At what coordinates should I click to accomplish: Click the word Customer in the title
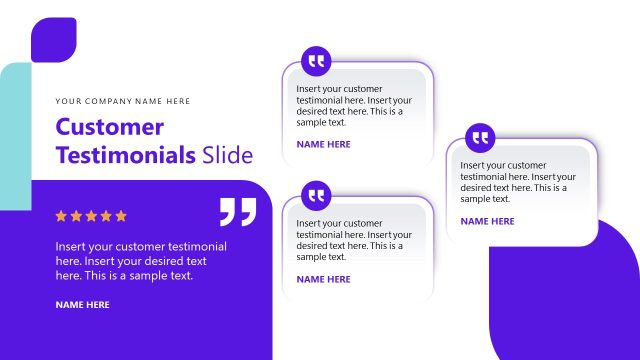(109, 127)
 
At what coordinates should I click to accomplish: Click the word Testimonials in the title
(125, 155)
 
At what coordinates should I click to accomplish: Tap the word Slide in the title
(228, 155)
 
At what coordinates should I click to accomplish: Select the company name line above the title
(123, 101)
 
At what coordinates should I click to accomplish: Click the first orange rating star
(61, 215)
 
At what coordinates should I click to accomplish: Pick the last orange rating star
(122, 215)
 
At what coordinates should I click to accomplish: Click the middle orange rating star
(91, 215)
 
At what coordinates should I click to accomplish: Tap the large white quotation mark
(237, 211)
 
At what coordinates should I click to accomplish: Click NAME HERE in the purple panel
(82, 304)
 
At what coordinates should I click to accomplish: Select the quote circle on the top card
(317, 61)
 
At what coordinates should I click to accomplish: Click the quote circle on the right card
(481, 137)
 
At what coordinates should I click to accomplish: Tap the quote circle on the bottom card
(317, 194)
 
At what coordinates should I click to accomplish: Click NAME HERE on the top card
(323, 144)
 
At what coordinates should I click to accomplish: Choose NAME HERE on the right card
(487, 221)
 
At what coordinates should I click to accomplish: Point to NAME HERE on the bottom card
(323, 279)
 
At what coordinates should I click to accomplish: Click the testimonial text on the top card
(354, 105)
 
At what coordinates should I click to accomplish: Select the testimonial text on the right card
(518, 182)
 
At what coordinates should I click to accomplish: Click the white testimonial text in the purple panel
(141, 260)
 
